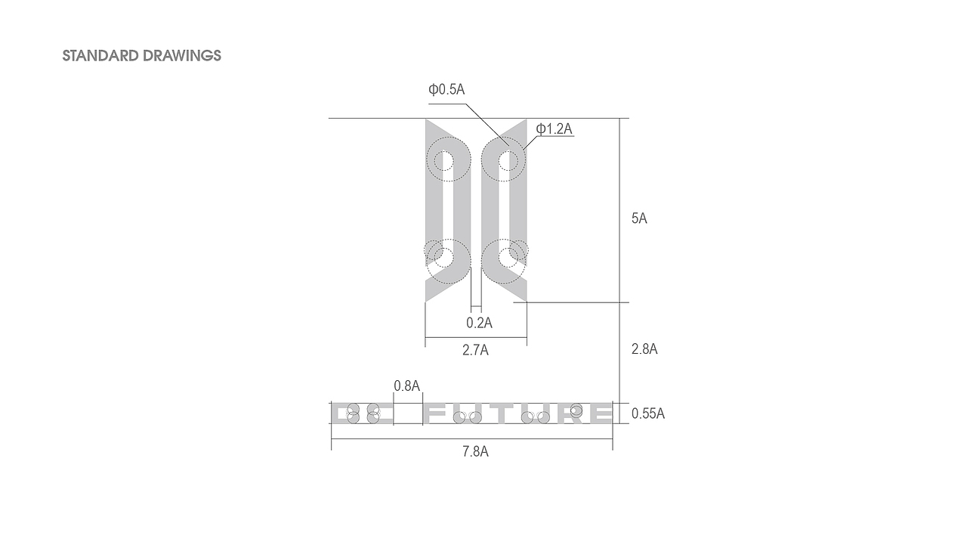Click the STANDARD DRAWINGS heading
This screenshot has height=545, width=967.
[x=141, y=56]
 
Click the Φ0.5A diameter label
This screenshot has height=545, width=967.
[x=446, y=90]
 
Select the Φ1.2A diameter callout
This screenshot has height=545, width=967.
[x=555, y=129]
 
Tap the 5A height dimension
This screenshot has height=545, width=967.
[x=639, y=218]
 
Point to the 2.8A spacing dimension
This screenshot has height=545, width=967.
[x=644, y=349]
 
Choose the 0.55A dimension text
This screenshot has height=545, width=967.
[x=648, y=413]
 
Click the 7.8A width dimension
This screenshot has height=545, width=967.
[x=475, y=452]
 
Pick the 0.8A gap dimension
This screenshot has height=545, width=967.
[x=406, y=386]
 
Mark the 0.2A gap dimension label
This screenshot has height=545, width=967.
[x=479, y=323]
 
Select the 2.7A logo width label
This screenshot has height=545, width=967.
[x=475, y=350]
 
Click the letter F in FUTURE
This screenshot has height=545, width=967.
[x=437, y=413]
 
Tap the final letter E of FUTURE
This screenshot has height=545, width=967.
[x=601, y=413]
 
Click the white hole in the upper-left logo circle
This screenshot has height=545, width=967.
[x=443, y=160]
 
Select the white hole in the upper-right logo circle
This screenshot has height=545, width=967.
[x=508, y=160]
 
